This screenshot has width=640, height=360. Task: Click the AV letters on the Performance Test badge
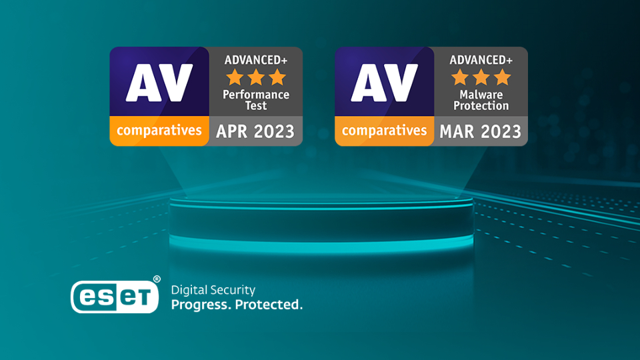pyautogui.click(x=159, y=83)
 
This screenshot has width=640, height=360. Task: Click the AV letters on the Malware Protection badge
pyautogui.click(x=385, y=83)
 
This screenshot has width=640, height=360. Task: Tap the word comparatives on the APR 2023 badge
pyautogui.click(x=159, y=131)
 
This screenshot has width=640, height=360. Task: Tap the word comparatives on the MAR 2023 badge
pyautogui.click(x=385, y=131)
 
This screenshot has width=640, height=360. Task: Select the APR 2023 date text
pyautogui.click(x=255, y=131)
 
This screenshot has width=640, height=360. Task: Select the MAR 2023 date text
pyautogui.click(x=481, y=131)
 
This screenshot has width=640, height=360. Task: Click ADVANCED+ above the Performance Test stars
pyautogui.click(x=256, y=60)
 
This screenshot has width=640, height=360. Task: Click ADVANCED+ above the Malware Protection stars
pyautogui.click(x=481, y=60)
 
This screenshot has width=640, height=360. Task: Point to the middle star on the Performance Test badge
pyautogui.click(x=256, y=77)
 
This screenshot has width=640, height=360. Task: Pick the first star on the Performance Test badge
pyautogui.click(x=235, y=77)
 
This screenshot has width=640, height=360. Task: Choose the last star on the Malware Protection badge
pyautogui.click(x=503, y=77)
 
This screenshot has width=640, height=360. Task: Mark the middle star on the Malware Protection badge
pyautogui.click(x=481, y=77)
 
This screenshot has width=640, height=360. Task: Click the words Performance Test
pyautogui.click(x=256, y=100)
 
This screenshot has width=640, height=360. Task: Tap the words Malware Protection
pyautogui.click(x=481, y=100)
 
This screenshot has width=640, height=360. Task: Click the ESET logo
pyautogui.click(x=115, y=297)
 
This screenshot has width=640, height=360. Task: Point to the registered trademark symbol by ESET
pyautogui.click(x=157, y=279)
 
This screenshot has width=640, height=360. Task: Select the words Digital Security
pyautogui.click(x=213, y=290)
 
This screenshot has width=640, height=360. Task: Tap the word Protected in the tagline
pyautogui.click(x=269, y=305)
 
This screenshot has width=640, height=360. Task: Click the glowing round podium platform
pyautogui.click(x=321, y=223)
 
